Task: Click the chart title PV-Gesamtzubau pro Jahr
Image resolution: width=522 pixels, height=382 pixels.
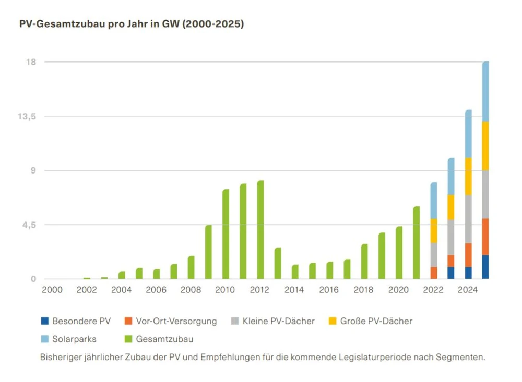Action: point(132,24)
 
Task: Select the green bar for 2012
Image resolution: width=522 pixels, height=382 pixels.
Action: point(260,230)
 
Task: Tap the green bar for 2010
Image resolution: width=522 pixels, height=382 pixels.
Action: point(226,234)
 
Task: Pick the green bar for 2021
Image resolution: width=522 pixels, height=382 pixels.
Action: point(416,243)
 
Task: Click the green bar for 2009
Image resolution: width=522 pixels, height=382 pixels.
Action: point(208,252)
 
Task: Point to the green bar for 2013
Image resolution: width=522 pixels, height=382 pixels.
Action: point(278,263)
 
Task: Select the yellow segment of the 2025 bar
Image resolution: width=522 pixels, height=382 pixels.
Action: point(485,146)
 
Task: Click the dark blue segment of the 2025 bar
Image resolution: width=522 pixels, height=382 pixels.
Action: point(485,267)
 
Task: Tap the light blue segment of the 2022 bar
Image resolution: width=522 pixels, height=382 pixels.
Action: point(434,201)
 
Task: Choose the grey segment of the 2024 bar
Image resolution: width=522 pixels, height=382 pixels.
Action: point(468,219)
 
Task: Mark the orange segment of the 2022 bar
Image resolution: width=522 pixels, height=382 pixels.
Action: point(434,273)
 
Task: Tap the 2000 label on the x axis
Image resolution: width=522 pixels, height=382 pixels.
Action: point(52,289)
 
